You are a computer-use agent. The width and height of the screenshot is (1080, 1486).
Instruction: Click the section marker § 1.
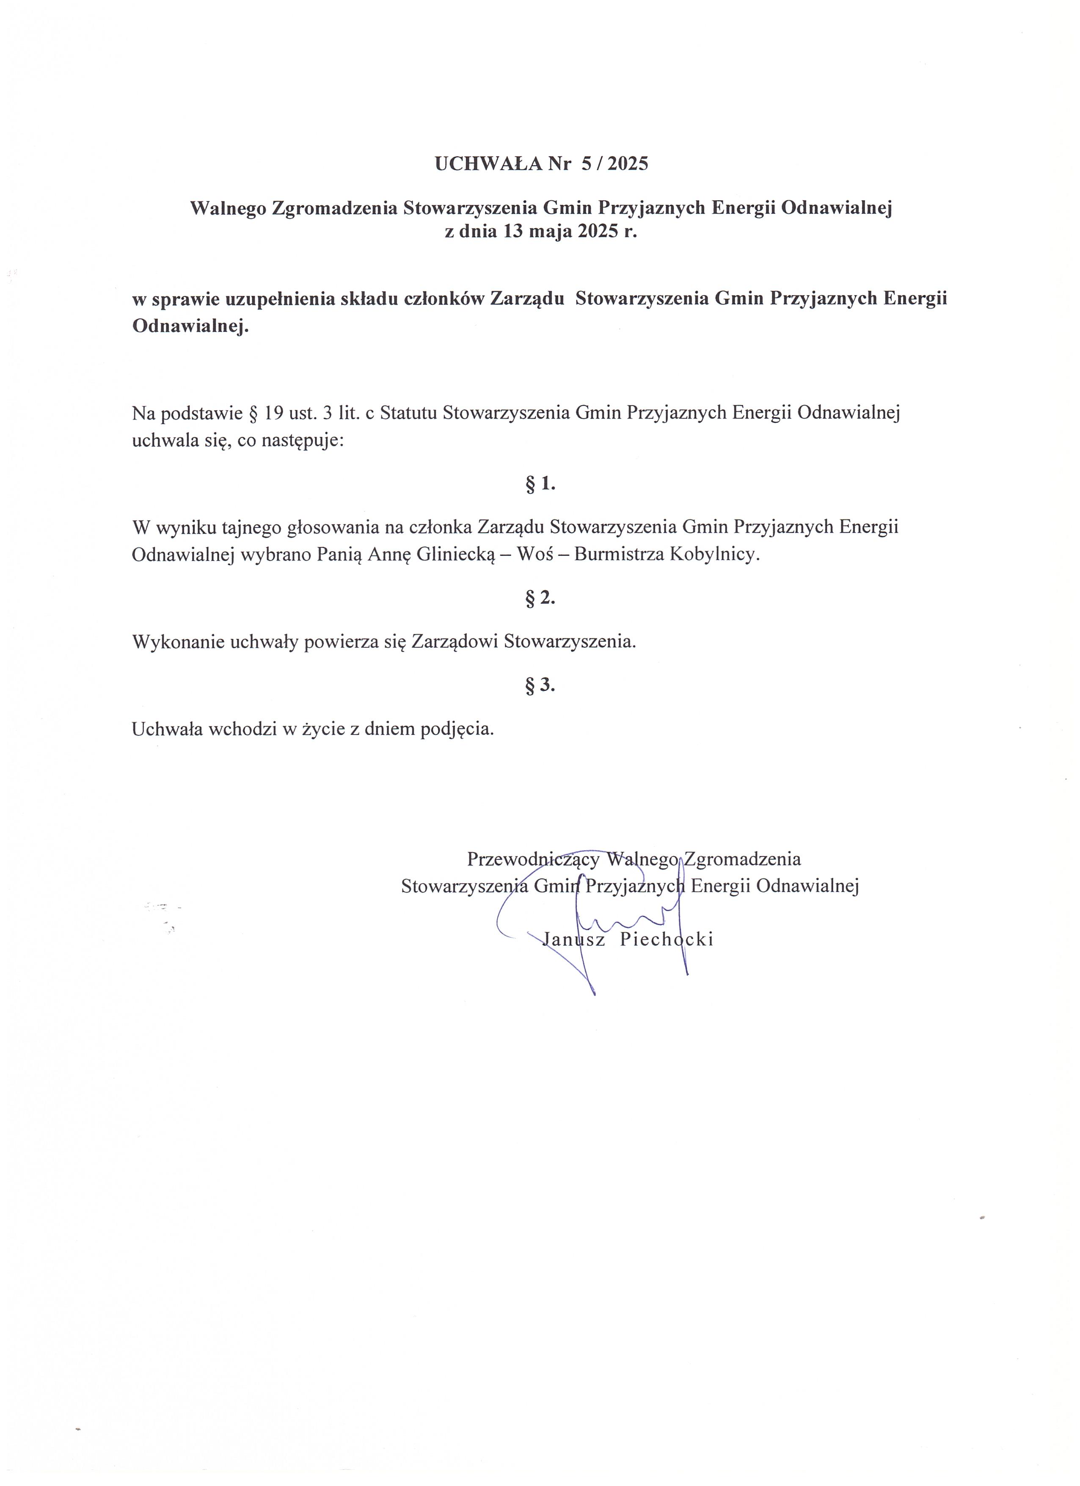[540, 484]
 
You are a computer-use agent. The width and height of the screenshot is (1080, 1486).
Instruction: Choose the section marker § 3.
[540, 685]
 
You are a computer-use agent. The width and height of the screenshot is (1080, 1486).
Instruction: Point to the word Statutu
[408, 414]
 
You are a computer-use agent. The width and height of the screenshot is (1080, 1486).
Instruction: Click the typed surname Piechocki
[666, 939]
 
